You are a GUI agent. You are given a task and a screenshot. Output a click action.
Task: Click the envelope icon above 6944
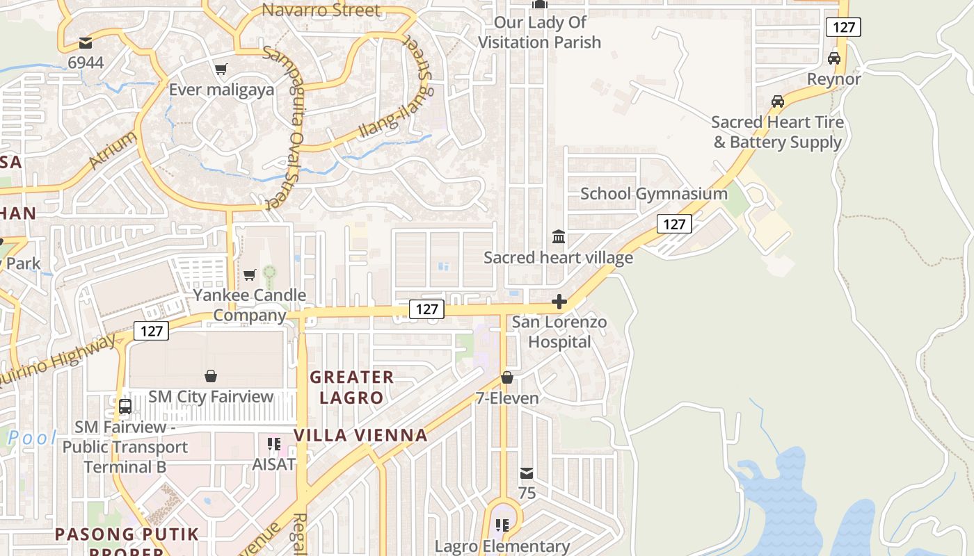pos(86,42)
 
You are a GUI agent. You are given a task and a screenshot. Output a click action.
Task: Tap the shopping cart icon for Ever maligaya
pos(221,69)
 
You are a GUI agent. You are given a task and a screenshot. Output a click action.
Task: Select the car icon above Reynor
pos(833,58)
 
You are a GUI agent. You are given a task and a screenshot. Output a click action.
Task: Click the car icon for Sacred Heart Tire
pos(777,101)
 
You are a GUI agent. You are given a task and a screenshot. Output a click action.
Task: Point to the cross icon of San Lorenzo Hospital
pos(559,302)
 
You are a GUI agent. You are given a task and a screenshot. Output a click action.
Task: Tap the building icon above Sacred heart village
pos(558,237)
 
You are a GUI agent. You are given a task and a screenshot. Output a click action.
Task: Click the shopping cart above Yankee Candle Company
pos(249,275)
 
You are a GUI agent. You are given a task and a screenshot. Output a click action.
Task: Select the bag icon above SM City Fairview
pos(211,376)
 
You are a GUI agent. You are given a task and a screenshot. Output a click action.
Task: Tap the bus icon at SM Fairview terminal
pos(125,406)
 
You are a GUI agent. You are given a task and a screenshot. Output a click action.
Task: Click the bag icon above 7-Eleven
pos(507,377)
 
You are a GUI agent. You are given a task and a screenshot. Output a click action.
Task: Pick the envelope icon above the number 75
pos(527,473)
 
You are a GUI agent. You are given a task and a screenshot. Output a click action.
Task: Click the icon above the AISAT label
pos(273,443)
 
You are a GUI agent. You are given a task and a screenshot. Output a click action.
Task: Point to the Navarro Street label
pos(321,10)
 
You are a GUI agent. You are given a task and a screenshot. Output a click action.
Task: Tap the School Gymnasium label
pos(653,194)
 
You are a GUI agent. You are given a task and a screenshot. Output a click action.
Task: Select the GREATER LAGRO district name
pos(351,387)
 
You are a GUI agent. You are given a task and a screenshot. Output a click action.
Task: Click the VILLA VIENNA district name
pos(360,435)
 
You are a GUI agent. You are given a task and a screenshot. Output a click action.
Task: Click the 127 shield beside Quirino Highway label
pos(151,331)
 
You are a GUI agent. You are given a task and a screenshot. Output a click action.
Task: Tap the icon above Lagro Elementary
pos(502,525)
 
